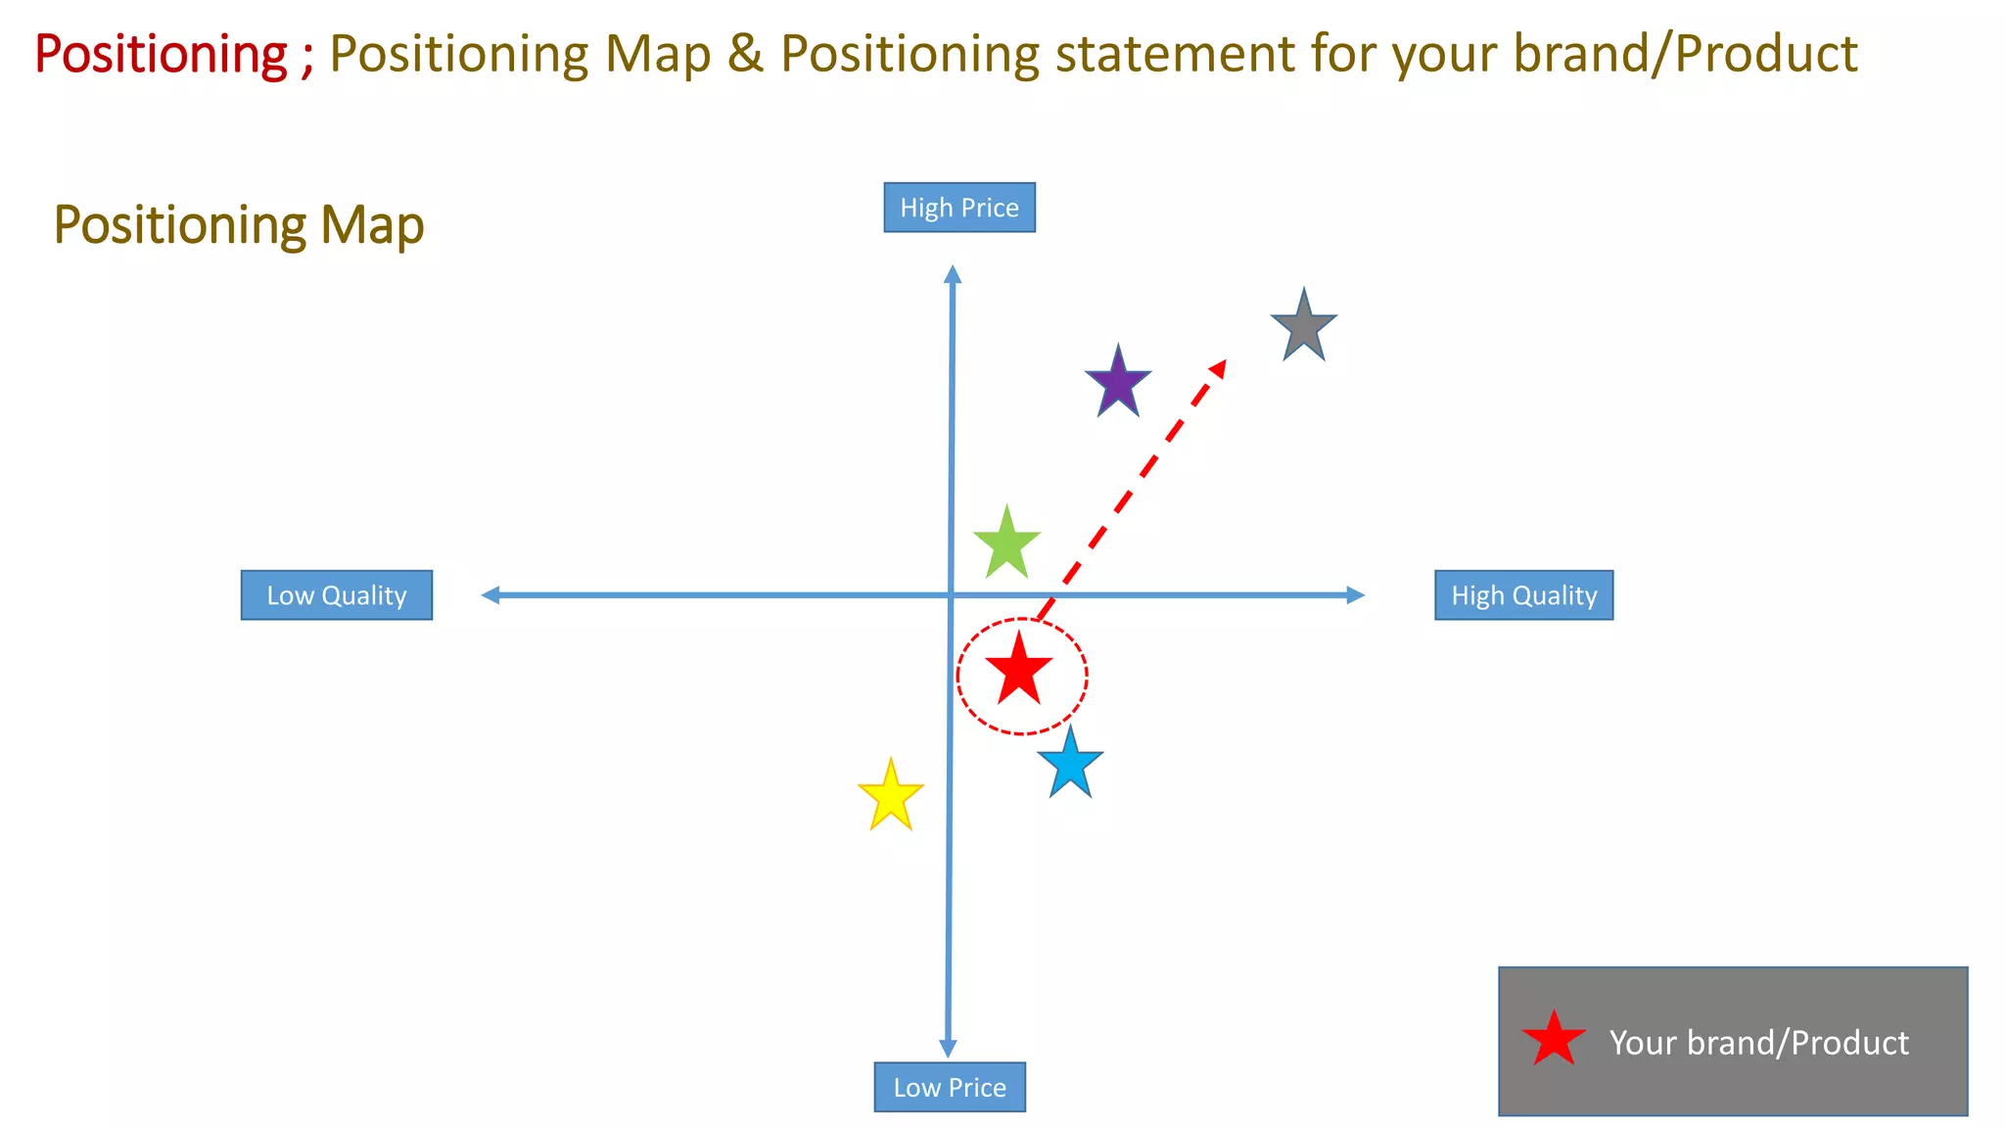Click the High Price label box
(959, 208)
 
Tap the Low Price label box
(950, 1087)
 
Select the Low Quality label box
(337, 595)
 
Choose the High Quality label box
(1523, 595)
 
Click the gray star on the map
(1303, 328)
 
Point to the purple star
(1118, 384)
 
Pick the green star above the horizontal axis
(1006, 544)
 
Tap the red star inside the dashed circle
(1019, 671)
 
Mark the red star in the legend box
(1554, 1041)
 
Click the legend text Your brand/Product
(1758, 1043)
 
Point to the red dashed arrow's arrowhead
(1218, 368)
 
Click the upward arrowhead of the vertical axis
(953, 274)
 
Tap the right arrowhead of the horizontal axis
(1355, 595)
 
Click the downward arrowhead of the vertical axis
(948, 1047)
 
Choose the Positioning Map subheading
(239, 225)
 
